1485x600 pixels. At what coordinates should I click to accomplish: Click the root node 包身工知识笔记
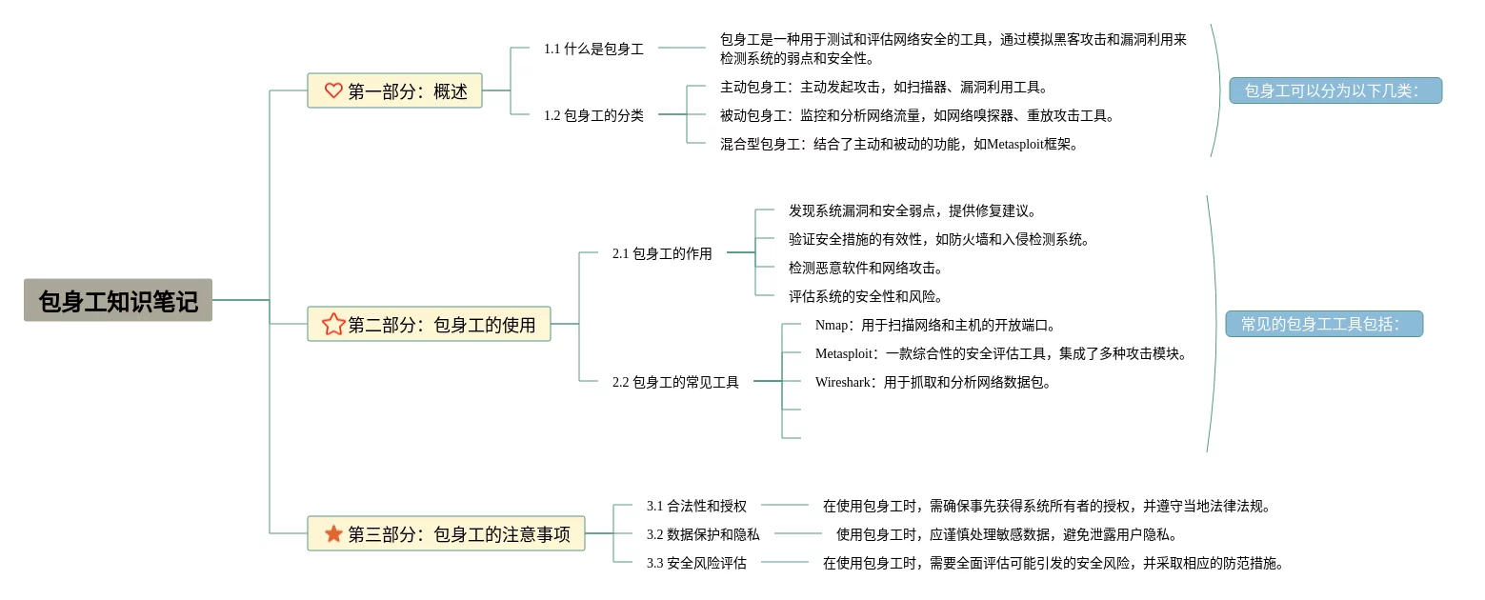tap(118, 301)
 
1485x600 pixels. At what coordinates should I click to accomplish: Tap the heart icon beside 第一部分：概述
tap(333, 90)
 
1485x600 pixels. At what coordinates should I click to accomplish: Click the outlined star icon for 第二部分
tap(333, 324)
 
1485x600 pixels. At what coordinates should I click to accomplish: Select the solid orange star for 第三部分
tap(333, 534)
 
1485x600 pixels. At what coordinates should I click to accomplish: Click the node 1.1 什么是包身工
tap(593, 49)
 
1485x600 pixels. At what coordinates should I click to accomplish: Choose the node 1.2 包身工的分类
tap(593, 115)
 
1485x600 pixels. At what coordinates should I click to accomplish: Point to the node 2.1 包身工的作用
tap(662, 253)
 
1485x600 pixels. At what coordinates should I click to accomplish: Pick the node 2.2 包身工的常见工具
tap(675, 382)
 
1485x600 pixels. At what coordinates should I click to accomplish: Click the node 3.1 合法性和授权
tap(696, 506)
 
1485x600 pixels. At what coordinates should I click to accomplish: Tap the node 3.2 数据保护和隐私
tap(703, 534)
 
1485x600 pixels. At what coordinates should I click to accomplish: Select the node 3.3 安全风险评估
tap(696, 563)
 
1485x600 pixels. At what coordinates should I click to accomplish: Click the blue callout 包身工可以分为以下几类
tap(1334, 90)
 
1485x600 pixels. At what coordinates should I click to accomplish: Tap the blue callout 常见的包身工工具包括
tap(1324, 324)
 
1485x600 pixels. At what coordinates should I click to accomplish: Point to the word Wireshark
tap(842, 382)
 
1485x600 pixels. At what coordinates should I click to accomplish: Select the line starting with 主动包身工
tap(883, 87)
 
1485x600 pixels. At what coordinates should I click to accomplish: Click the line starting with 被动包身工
tap(916, 115)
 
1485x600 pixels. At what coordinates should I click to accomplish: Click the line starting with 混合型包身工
tap(898, 144)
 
